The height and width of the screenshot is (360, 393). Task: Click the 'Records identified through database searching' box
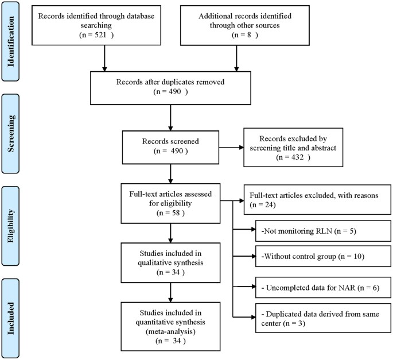pos(96,24)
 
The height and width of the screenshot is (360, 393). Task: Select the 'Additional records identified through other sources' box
pos(236,24)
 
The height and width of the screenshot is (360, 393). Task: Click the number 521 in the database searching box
pos(101,35)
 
